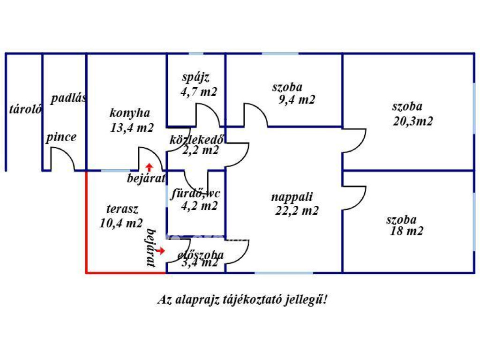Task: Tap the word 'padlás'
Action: [x=69, y=99]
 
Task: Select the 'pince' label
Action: [x=61, y=137]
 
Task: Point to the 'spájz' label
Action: [x=195, y=77]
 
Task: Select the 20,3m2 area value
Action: [x=412, y=121]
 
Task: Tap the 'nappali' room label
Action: [x=292, y=197]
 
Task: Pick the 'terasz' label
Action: [x=122, y=210]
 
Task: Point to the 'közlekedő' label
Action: [x=197, y=139]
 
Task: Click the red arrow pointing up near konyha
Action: [x=149, y=166]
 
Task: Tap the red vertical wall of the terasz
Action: [x=87, y=220]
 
